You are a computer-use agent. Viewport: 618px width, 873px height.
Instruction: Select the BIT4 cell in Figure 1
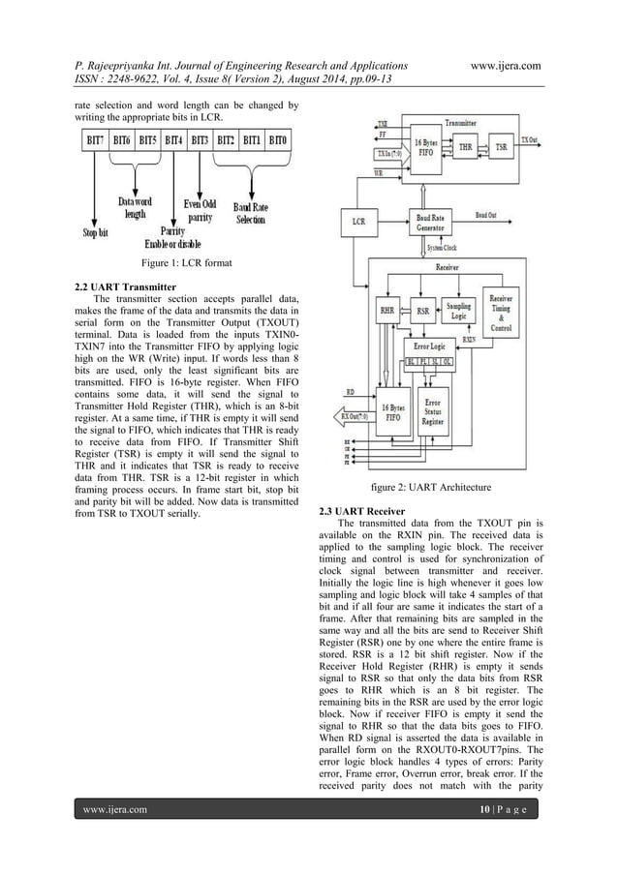pyautogui.click(x=175, y=140)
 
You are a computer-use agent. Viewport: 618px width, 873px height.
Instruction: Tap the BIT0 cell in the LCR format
pyautogui.click(x=278, y=140)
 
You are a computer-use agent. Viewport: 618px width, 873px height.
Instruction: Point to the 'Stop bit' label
pyautogui.click(x=94, y=232)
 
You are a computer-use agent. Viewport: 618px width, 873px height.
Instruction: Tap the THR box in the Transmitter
pyautogui.click(x=465, y=148)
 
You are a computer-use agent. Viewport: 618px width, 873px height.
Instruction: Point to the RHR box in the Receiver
pyautogui.click(x=388, y=312)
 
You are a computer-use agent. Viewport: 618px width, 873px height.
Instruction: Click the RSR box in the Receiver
pyautogui.click(x=423, y=312)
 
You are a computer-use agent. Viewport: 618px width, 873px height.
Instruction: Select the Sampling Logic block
pyautogui.click(x=460, y=310)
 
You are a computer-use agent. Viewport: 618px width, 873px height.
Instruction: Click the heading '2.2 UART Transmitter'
pyautogui.click(x=126, y=287)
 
